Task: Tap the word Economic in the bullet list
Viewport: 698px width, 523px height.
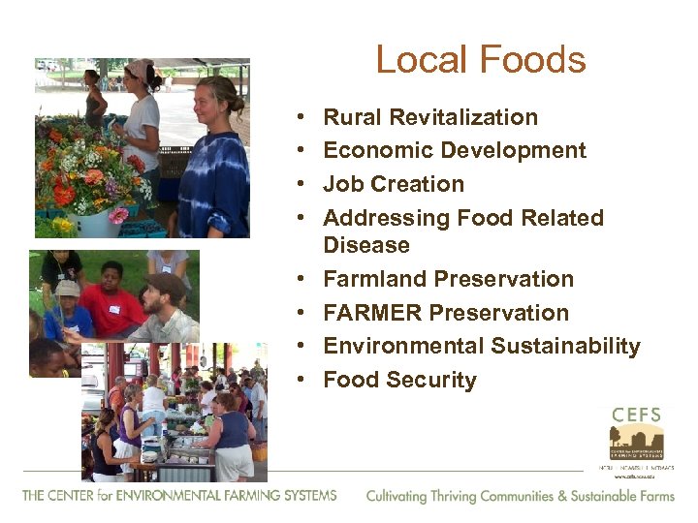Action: pos(373,151)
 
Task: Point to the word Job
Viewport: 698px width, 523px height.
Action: pos(340,184)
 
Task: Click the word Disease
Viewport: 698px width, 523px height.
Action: pos(366,245)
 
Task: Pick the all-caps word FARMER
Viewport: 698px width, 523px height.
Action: pos(373,313)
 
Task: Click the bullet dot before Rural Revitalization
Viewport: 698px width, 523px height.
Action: pos(304,118)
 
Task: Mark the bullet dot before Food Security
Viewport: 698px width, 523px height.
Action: pos(304,380)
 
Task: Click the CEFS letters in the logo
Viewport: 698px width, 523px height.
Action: pos(637,415)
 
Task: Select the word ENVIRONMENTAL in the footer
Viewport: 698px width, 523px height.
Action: pos(150,495)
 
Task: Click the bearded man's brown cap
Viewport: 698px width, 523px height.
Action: pos(168,282)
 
